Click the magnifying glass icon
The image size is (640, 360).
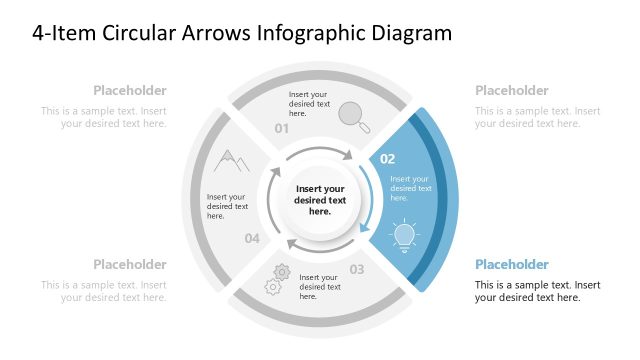(x=351, y=115)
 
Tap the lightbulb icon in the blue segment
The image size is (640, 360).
(x=404, y=235)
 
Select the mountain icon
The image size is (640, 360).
(x=232, y=160)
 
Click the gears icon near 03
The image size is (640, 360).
(x=277, y=279)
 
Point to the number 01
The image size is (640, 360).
(x=282, y=129)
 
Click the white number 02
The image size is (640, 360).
(x=388, y=159)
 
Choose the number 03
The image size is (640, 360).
(x=357, y=269)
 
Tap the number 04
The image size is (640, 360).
(x=252, y=238)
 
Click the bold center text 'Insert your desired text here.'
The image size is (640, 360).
(x=320, y=200)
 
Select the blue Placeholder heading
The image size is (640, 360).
(x=511, y=265)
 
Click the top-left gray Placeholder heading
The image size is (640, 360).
(x=130, y=90)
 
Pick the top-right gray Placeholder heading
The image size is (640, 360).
(x=511, y=90)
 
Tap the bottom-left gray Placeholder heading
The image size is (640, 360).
(x=130, y=265)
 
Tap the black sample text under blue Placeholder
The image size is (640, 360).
(x=537, y=291)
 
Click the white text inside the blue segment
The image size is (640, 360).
(x=410, y=188)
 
